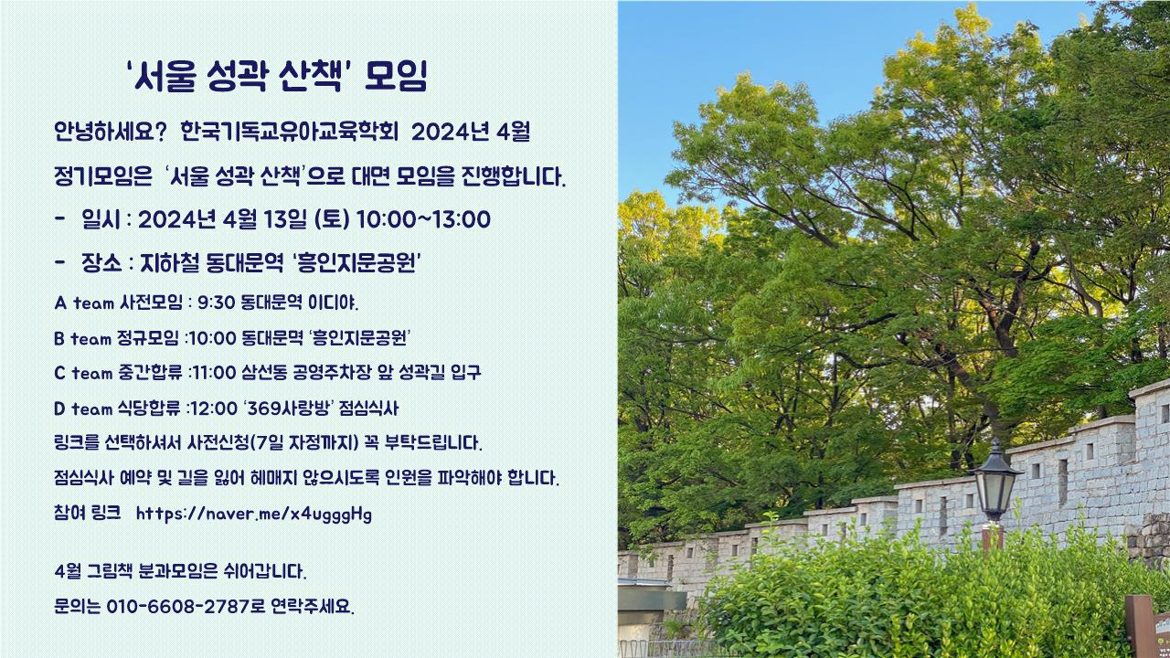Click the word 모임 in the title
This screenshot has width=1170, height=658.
click(x=397, y=77)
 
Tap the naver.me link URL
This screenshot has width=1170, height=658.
click(x=254, y=514)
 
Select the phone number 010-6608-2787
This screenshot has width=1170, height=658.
click(x=177, y=606)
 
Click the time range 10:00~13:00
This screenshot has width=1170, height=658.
click(x=423, y=220)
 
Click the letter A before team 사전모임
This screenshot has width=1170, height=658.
click(x=60, y=302)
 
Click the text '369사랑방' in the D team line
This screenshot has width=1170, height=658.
click(x=288, y=408)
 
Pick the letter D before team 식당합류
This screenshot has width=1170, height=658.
click(x=60, y=409)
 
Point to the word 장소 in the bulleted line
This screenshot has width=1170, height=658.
click(x=101, y=262)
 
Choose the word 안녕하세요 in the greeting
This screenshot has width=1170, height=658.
click(x=104, y=132)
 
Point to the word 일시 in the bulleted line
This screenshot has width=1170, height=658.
click(x=101, y=220)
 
